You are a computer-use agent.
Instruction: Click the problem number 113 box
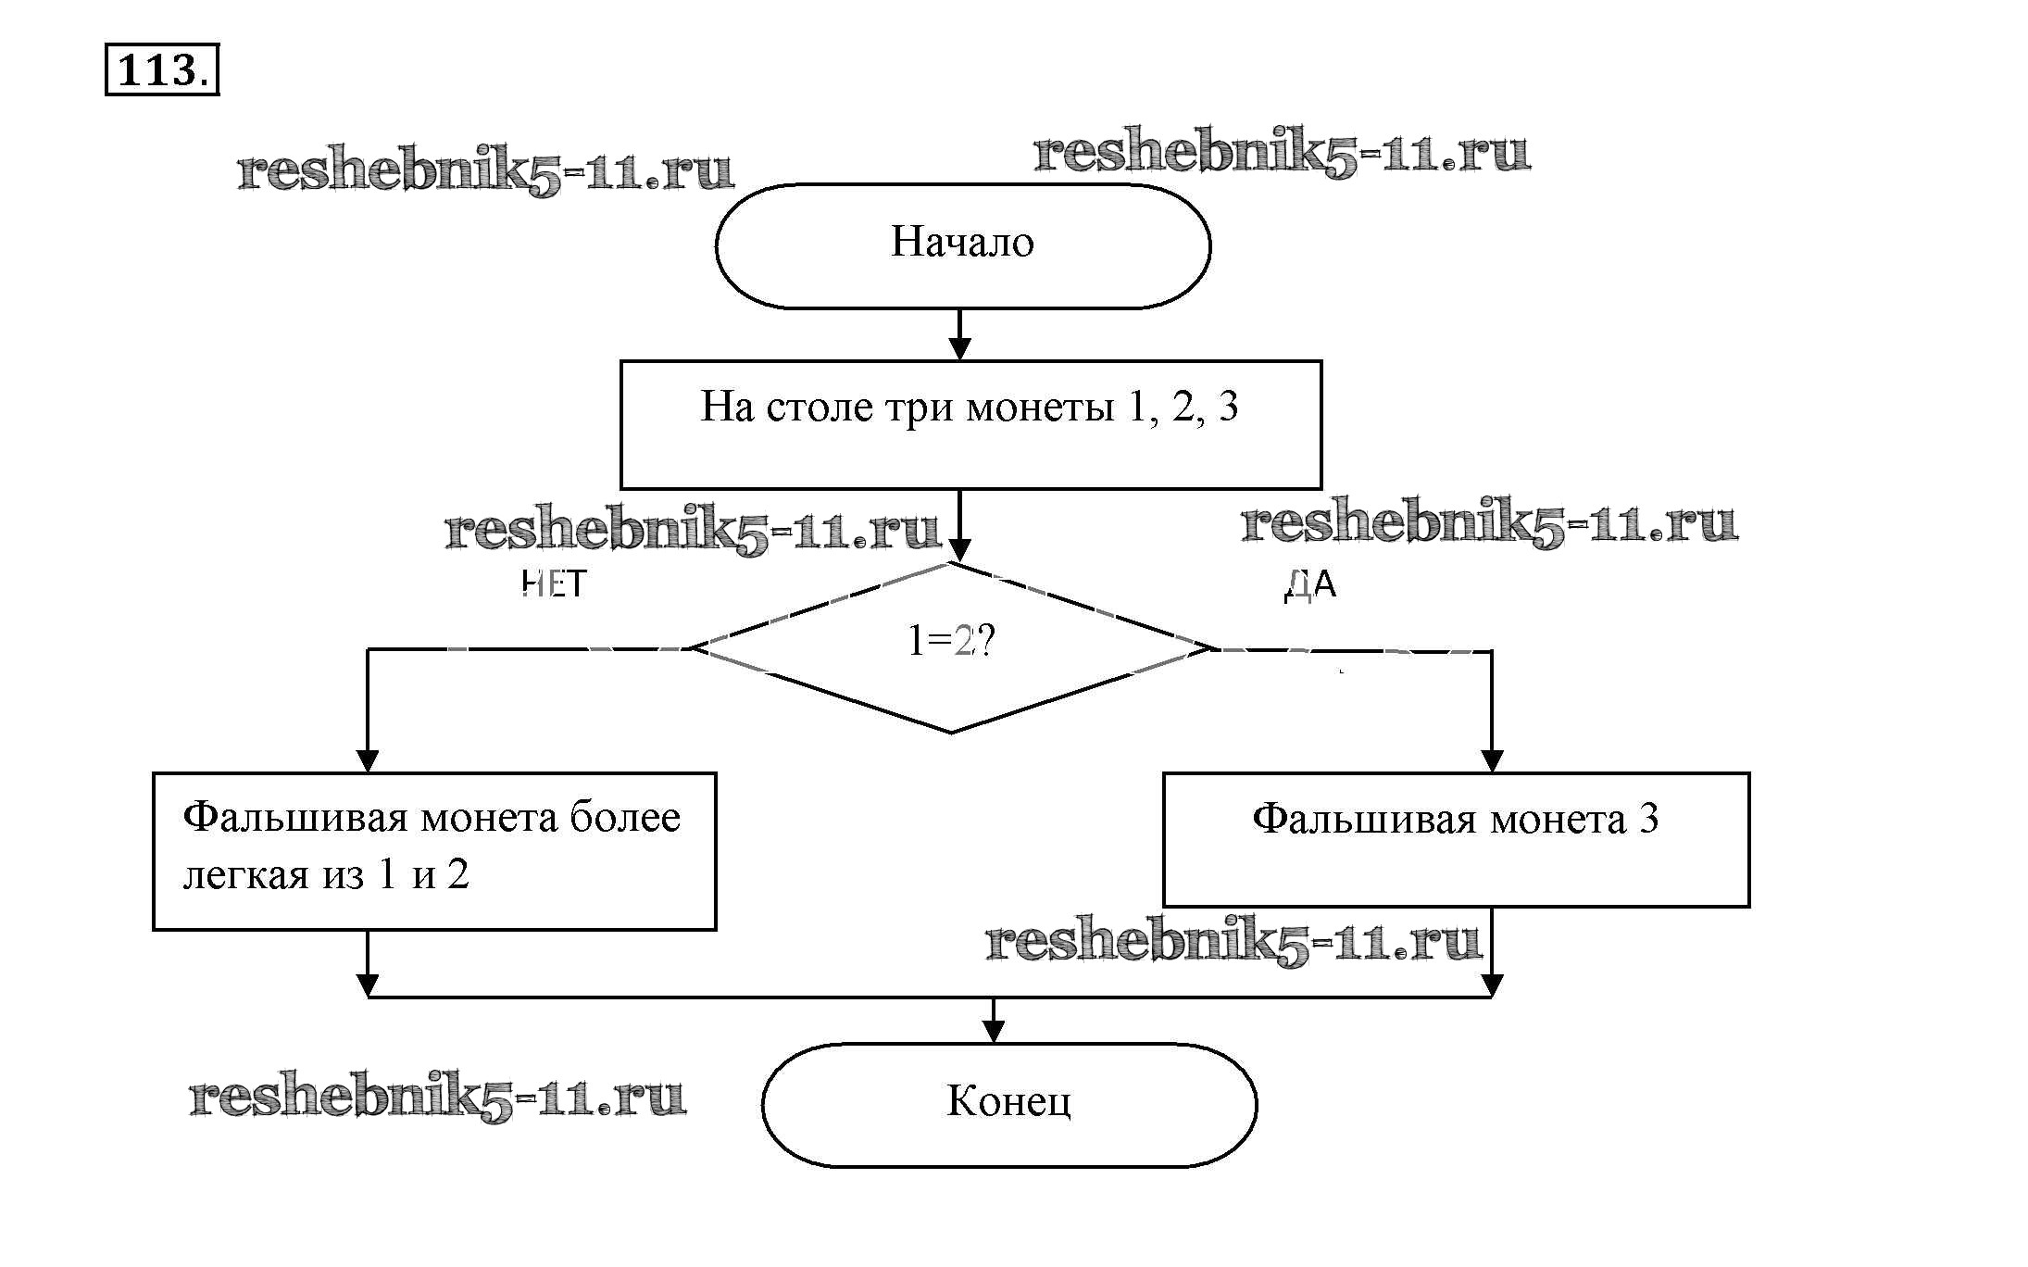click(161, 69)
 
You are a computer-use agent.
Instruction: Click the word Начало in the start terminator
click(962, 243)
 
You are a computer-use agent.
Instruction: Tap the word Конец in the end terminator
click(1008, 1101)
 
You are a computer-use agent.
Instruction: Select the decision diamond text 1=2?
click(950, 641)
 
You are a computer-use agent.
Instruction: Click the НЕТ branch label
click(554, 584)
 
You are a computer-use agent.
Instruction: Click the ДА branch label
click(1310, 584)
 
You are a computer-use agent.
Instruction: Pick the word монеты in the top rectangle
click(1039, 407)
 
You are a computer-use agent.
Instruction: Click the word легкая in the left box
click(245, 875)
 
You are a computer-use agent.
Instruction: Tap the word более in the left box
click(625, 818)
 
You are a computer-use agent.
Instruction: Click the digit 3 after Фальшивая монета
click(1648, 819)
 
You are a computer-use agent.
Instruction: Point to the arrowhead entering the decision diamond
click(960, 550)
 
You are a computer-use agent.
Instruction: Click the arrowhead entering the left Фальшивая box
click(368, 760)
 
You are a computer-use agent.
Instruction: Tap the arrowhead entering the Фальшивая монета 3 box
click(1491, 760)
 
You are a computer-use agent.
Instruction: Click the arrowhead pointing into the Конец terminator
click(994, 1033)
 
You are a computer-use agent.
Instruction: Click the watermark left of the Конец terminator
click(437, 1097)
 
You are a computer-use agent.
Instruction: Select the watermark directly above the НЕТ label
click(693, 530)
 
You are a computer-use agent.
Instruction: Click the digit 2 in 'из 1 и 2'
click(458, 875)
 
